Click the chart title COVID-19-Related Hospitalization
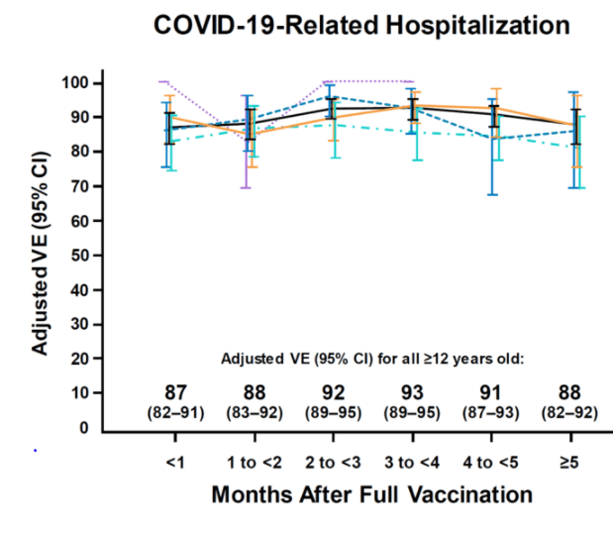click(x=361, y=25)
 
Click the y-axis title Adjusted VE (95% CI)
click(x=40, y=256)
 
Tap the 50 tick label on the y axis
click(x=78, y=255)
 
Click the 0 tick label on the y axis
click(x=83, y=428)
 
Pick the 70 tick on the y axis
click(x=78, y=186)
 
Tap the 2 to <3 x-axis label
click(x=332, y=461)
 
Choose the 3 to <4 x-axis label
click(x=411, y=461)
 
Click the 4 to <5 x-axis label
click(x=492, y=461)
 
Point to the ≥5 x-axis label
click(x=571, y=461)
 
